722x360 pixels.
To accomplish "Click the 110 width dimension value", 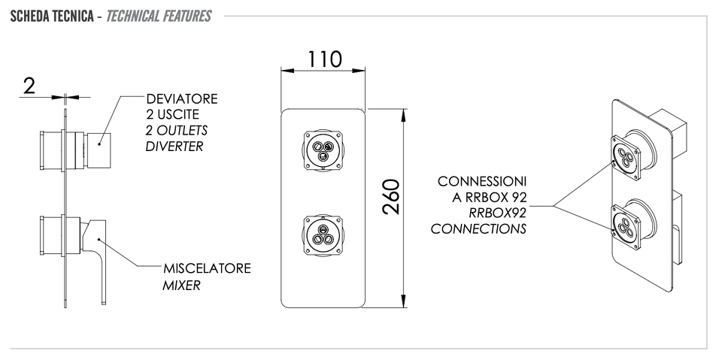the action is tap(324, 59).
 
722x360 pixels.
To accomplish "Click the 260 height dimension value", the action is tap(391, 197).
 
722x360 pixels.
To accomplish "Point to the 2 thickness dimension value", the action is tap(29, 86).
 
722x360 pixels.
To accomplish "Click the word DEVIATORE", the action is tap(182, 99).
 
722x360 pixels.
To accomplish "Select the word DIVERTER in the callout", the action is tap(174, 147).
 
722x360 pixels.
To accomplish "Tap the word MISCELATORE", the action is tap(208, 268).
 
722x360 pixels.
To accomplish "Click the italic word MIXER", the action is tap(181, 286).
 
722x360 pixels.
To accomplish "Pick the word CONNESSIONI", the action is tap(482, 181).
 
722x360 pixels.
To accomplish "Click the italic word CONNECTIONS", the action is tap(478, 228).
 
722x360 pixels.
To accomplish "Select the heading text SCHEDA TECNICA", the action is tap(52, 16).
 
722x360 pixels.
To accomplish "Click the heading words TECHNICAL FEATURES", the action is tap(159, 16).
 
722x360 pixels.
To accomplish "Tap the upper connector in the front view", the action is tap(323, 150).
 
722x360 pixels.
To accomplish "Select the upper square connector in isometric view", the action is tap(626, 158).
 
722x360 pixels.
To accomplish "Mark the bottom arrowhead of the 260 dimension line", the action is tap(404, 301).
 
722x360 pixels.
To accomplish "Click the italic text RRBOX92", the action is tap(498, 213).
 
